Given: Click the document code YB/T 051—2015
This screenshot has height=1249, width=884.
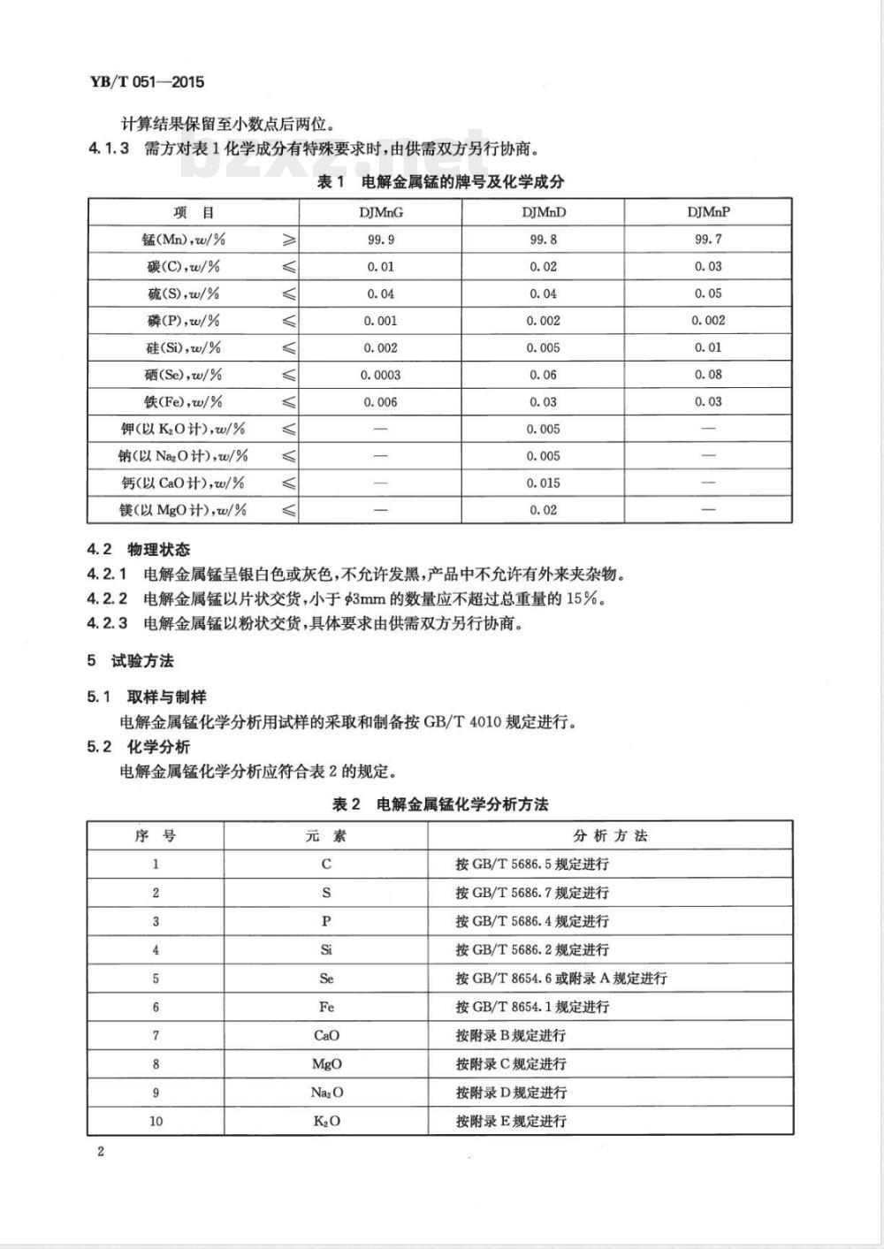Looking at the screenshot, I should click(x=147, y=82).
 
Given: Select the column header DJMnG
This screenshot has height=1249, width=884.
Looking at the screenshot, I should click(x=380, y=212).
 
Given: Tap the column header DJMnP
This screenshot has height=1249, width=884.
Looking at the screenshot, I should click(x=708, y=212).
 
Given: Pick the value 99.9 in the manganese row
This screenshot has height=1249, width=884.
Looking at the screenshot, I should click(x=380, y=240).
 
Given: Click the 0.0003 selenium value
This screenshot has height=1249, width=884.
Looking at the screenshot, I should click(x=380, y=375).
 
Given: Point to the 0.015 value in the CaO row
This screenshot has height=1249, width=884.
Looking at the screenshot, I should click(x=544, y=484).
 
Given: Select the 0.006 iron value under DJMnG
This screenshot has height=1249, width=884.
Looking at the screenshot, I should click(x=380, y=402).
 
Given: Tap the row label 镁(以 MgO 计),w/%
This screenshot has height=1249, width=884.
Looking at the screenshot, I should click(x=183, y=510).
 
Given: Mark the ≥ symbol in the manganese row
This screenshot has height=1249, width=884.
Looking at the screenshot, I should click(x=288, y=240).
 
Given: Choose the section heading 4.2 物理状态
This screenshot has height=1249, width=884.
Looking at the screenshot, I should click(x=139, y=550).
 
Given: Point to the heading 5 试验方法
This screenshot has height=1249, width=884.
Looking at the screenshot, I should click(x=131, y=661).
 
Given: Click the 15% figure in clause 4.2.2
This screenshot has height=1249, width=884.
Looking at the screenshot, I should click(x=584, y=599).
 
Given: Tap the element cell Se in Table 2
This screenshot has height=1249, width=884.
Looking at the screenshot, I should click(x=326, y=979).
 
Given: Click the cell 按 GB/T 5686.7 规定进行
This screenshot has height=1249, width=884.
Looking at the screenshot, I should click(x=532, y=893).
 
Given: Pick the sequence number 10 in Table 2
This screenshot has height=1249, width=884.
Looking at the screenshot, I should click(x=156, y=1121).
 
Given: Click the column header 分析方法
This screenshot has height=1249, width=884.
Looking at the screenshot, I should click(x=610, y=836).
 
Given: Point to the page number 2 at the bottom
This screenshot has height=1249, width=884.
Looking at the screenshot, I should click(x=101, y=1152).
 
